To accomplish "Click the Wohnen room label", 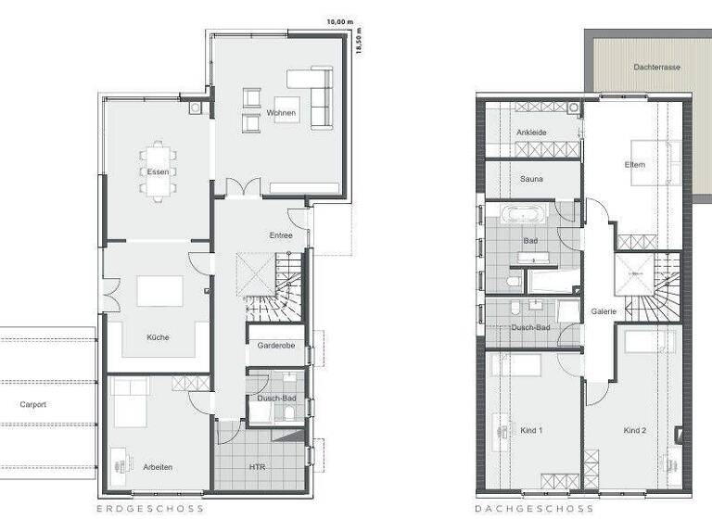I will pyautogui.click(x=281, y=113).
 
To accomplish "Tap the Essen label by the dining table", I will pyautogui.click(x=158, y=172).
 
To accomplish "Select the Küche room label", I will pyautogui.click(x=158, y=337).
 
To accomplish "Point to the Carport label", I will pyautogui.click(x=32, y=405).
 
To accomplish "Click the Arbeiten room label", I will pyautogui.click(x=159, y=466).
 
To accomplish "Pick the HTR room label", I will pyautogui.click(x=257, y=466).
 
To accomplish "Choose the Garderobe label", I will pyautogui.click(x=275, y=346).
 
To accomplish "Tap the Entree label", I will pyautogui.click(x=282, y=235).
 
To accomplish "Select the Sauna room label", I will pyautogui.click(x=531, y=179).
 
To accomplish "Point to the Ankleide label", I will pyautogui.click(x=531, y=133).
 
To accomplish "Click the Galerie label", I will pyautogui.click(x=604, y=311).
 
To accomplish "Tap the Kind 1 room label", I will pyautogui.click(x=531, y=430).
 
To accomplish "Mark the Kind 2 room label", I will pyautogui.click(x=635, y=430).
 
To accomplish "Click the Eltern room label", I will pyautogui.click(x=635, y=165).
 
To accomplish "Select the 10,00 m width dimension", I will pyautogui.click(x=339, y=20).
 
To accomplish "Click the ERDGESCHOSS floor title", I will pyautogui.click(x=150, y=509).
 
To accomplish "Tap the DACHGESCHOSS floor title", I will pyautogui.click(x=534, y=509).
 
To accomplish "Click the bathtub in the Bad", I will pyautogui.click(x=525, y=215).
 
